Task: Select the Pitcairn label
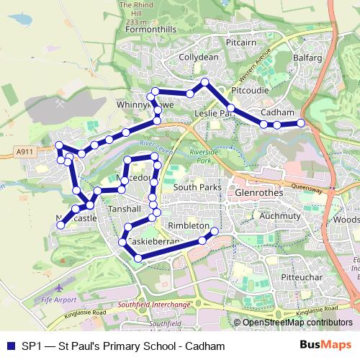tap(242, 43)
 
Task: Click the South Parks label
tap(197, 187)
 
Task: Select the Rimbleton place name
tap(188, 225)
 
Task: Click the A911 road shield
tap(24, 151)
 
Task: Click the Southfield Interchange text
tap(155, 305)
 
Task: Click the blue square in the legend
tap(9, 346)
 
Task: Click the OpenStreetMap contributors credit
tap(297, 322)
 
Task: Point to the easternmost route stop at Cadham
tap(301, 124)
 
